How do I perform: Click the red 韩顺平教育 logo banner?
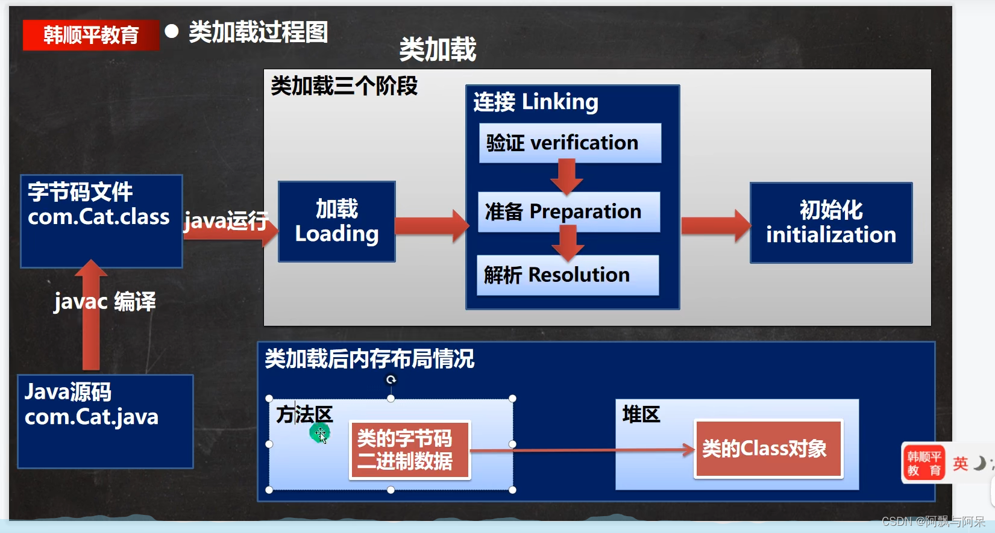pos(90,35)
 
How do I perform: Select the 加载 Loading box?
pos(336,222)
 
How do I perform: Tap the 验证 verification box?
pos(570,143)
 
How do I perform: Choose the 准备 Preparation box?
pos(568,211)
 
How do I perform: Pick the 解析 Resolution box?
pos(567,275)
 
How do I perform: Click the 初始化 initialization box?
pos(830,223)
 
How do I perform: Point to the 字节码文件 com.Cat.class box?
pos(101,220)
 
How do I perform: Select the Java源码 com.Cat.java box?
pos(105,421)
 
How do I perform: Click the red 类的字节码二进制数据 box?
pos(409,450)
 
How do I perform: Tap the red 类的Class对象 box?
pos(768,449)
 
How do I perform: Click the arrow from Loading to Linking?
pos(430,226)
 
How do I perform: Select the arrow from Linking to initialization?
pos(715,226)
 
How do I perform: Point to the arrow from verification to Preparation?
pos(566,176)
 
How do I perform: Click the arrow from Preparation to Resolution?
pos(567,243)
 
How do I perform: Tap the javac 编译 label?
pos(105,301)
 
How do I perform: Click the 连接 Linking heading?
pos(535,102)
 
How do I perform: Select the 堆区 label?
pos(641,414)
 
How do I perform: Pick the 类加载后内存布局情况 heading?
pos(369,359)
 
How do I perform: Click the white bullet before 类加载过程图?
pos(172,31)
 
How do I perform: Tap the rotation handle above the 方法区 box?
pos(391,379)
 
